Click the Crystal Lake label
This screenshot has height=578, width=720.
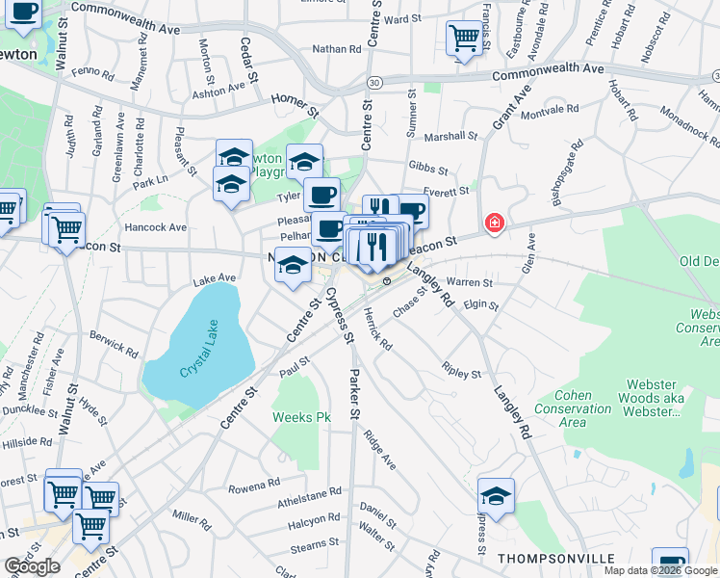pos(198,358)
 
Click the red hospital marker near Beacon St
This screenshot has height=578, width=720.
pos(495,223)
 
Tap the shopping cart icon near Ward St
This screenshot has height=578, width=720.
pos(464,39)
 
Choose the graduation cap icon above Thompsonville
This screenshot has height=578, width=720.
pos(496,497)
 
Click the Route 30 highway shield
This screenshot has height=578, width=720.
pos(373,82)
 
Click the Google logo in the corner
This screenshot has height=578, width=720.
pos(32,566)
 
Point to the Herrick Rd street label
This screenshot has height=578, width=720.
pos(378,328)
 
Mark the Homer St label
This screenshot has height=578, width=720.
pos(295,104)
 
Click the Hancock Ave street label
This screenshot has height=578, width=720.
pos(156,227)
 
